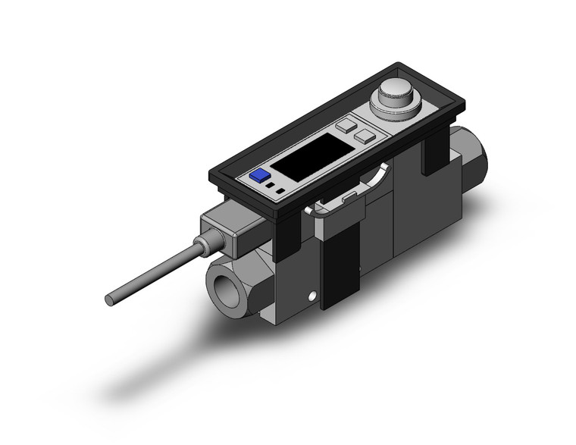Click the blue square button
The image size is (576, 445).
coord(260,176)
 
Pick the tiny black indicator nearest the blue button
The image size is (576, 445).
coord(271,184)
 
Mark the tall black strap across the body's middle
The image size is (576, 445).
coord(338,265)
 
